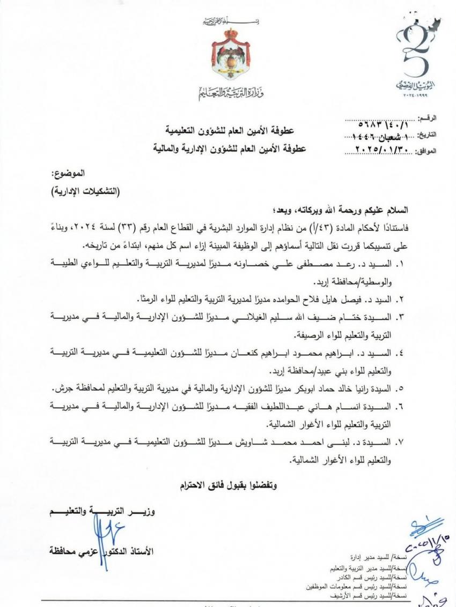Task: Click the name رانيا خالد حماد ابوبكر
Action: tap(311, 388)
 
